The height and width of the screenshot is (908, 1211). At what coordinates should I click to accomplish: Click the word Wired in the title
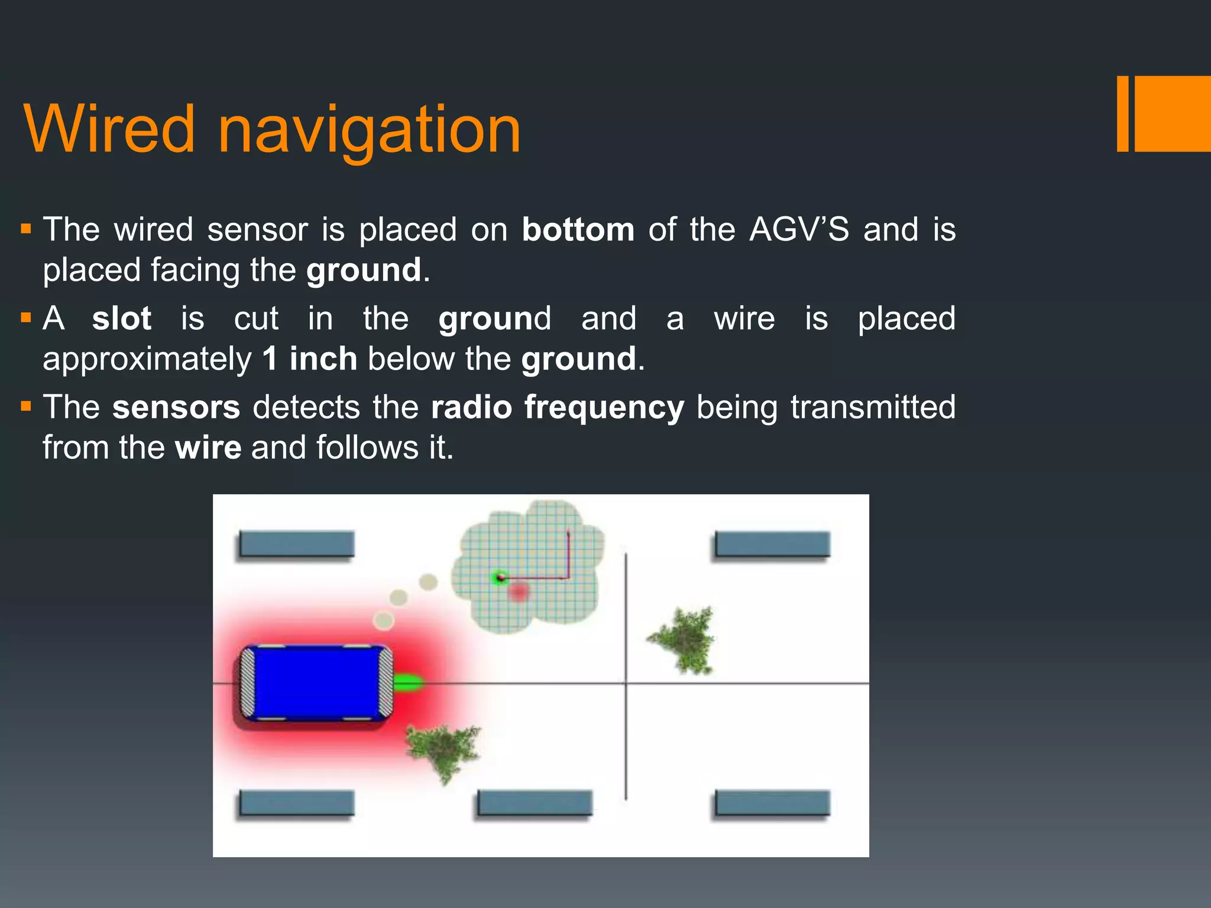click(109, 129)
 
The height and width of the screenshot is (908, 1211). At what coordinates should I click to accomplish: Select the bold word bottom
click(578, 229)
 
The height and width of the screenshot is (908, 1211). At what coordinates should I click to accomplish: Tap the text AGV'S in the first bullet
click(799, 229)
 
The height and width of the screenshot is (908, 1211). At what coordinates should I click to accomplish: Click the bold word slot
click(122, 319)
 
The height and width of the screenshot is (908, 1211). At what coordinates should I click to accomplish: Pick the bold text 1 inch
click(309, 359)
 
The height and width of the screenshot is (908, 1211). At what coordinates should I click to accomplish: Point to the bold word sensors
click(176, 407)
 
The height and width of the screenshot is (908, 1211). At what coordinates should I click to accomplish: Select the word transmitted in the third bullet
click(873, 407)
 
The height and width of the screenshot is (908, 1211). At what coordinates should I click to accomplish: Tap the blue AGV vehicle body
click(316, 683)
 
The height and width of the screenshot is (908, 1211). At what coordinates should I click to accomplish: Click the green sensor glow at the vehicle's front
click(408, 683)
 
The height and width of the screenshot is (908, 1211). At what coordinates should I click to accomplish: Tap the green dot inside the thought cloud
click(500, 577)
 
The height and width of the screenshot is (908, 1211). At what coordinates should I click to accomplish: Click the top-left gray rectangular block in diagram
click(296, 544)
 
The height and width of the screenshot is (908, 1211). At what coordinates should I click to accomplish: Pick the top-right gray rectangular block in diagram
click(772, 544)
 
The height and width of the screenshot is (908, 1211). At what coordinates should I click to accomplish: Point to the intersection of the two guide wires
click(626, 684)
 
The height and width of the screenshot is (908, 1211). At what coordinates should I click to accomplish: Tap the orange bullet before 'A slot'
click(25, 318)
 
